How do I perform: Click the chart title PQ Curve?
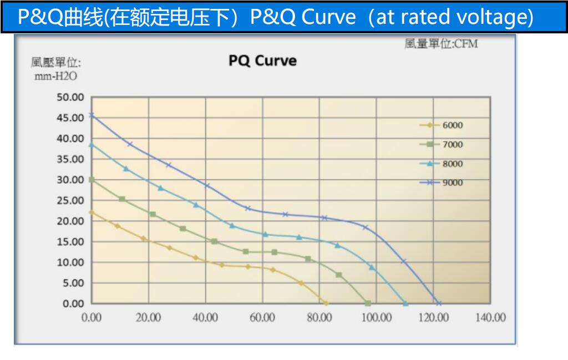[262, 60]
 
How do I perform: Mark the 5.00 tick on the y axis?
[72, 283]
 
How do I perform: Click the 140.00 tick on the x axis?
[490, 318]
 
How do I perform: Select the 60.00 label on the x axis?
[262, 318]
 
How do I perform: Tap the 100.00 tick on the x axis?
[377, 318]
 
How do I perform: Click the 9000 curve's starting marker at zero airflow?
[92, 115]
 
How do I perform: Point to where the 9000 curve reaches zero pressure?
[439, 303]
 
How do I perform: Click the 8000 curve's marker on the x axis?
[405, 303]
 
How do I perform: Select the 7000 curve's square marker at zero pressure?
[368, 303]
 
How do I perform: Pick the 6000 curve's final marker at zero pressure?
[326, 303]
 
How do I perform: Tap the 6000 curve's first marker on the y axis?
[92, 212]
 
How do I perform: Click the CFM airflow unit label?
[441, 44]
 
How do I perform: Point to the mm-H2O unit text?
[55, 77]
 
